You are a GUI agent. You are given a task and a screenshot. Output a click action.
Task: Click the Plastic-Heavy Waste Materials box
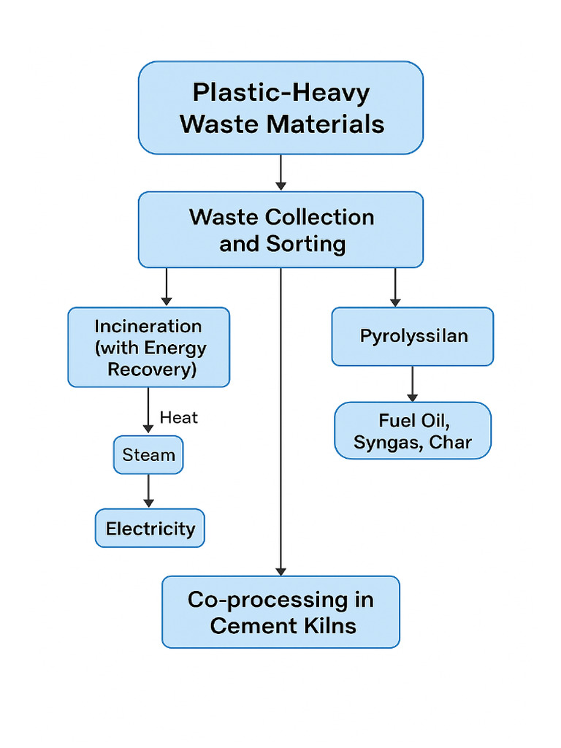(x=280, y=108)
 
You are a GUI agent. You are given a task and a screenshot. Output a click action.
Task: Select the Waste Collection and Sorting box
(x=280, y=229)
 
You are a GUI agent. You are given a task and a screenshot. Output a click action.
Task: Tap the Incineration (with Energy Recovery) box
(x=149, y=347)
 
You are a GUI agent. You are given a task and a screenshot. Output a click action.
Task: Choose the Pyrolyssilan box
(x=413, y=336)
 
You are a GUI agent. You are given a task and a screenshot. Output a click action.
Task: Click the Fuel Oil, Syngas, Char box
(x=413, y=431)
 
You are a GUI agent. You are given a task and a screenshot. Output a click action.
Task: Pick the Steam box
(x=149, y=455)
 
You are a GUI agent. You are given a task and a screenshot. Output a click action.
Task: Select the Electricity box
(x=150, y=528)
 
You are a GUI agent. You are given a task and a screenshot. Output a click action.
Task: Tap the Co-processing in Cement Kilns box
(x=280, y=612)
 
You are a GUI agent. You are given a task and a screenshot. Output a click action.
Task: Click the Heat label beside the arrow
(x=179, y=418)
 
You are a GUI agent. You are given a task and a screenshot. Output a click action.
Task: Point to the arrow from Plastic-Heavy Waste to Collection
(x=280, y=173)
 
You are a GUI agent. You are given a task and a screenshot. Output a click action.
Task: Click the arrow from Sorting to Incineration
(x=167, y=286)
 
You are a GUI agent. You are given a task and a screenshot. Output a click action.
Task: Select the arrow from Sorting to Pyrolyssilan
(x=395, y=286)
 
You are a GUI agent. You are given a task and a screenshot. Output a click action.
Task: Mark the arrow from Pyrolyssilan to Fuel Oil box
(x=413, y=383)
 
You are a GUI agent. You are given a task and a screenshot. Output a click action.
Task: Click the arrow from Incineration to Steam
(x=149, y=411)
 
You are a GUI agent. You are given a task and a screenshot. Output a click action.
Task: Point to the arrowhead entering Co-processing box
(x=280, y=570)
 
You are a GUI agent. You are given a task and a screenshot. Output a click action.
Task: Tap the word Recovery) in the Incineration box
(x=152, y=369)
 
